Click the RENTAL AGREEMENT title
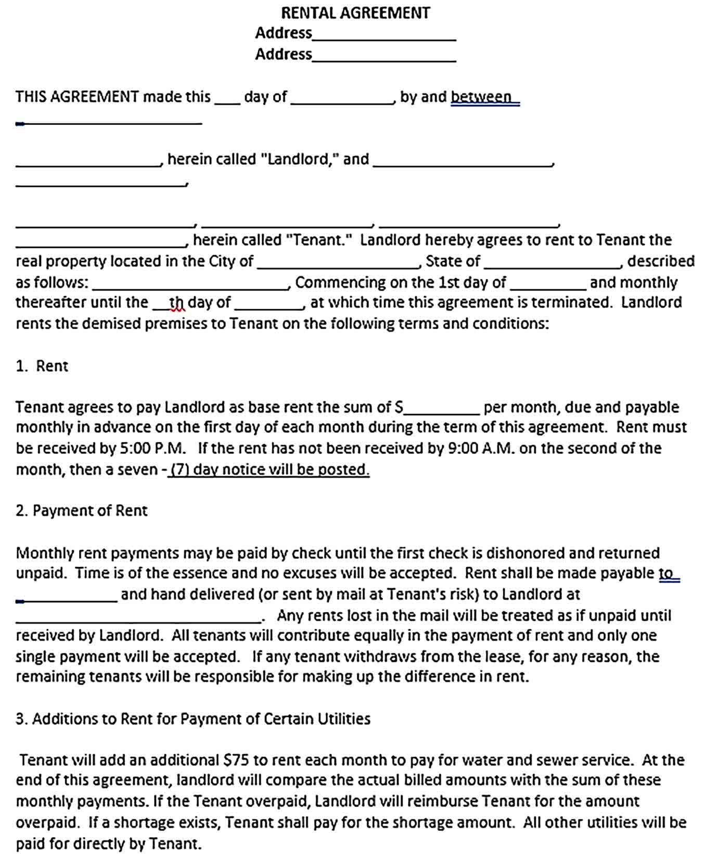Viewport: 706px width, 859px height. point(355,12)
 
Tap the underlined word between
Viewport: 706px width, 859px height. point(481,97)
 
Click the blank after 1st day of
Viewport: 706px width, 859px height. point(548,286)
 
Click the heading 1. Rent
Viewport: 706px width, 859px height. point(42,366)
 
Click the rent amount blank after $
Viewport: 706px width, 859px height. point(442,411)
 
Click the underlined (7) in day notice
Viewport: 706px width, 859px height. point(180,470)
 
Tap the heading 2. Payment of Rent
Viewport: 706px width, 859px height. point(82,511)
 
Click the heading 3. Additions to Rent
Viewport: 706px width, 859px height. point(193,719)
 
